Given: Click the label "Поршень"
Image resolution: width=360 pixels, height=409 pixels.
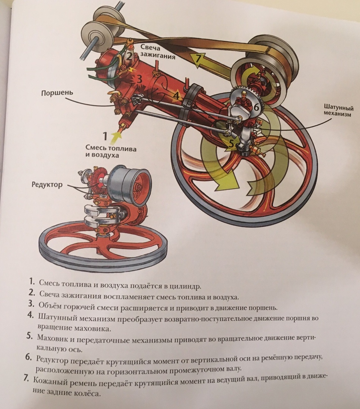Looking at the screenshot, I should pyautogui.click(x=57, y=93).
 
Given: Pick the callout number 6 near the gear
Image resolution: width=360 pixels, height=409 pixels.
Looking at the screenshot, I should pyautogui.click(x=256, y=107).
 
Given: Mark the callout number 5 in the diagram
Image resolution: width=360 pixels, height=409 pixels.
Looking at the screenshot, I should pyautogui.click(x=231, y=143).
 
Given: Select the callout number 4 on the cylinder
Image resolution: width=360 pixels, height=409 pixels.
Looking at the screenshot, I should pyautogui.click(x=176, y=95).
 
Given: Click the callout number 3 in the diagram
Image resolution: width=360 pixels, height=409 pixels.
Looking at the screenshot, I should pyautogui.click(x=139, y=79).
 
